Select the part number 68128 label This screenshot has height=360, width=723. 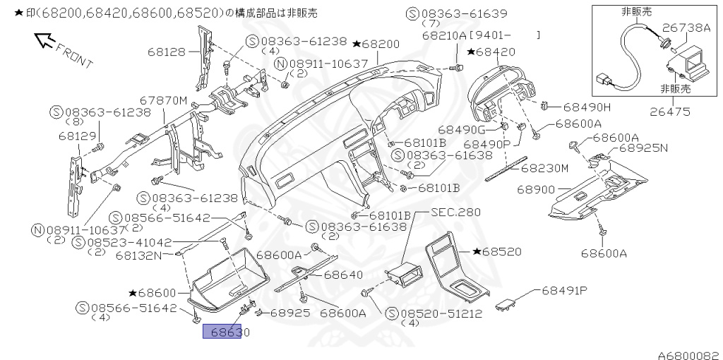tap(167, 51)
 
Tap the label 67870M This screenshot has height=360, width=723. tap(163, 101)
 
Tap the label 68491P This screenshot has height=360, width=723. tap(565, 290)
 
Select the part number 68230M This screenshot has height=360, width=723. tap(544, 168)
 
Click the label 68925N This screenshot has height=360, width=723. tap(643, 149)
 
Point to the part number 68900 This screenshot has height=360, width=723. tap(536, 190)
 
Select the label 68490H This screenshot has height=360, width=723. tap(586, 107)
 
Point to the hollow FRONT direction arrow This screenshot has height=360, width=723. tap(44, 41)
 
